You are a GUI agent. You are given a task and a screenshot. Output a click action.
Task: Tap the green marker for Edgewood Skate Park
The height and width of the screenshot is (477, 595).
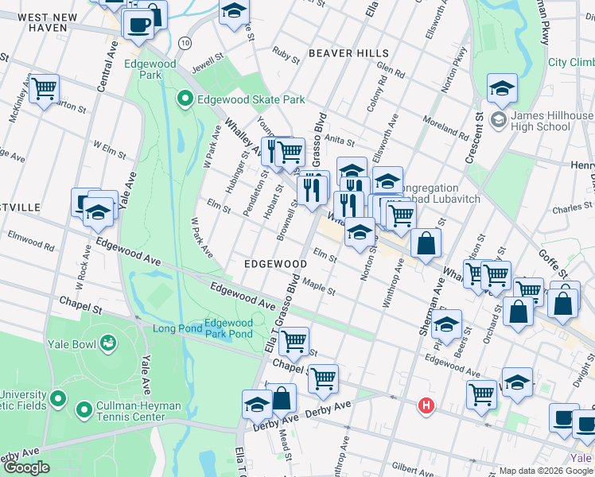click(185, 99)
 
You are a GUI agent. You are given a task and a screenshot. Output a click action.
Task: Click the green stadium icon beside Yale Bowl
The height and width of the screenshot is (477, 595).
click(109, 343)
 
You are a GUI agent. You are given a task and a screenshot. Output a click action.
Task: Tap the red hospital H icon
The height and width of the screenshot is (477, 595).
click(427, 406)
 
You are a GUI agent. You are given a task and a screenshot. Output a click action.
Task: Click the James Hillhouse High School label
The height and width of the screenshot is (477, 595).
click(553, 121)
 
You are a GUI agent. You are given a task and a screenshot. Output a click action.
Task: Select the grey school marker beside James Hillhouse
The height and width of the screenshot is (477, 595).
click(499, 121)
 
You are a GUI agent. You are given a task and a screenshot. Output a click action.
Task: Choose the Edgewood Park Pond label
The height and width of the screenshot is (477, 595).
click(228, 328)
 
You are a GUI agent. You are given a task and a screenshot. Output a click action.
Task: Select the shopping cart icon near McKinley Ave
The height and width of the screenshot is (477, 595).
click(44, 87)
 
